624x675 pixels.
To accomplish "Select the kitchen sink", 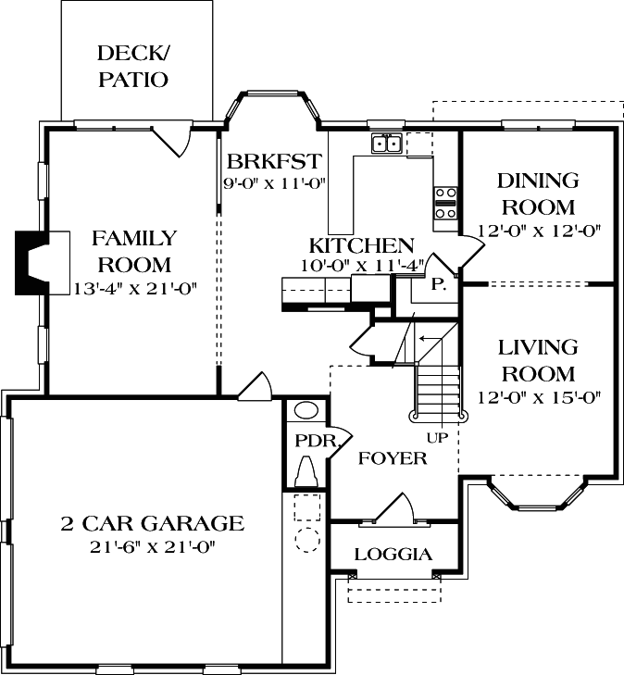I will coord(386,144).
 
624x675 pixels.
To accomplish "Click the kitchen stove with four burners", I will coord(446,203).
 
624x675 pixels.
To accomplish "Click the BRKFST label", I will coord(274,160).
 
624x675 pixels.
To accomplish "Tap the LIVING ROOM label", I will coord(537,361).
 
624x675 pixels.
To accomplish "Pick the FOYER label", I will coord(393,458).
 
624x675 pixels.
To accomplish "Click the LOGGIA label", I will coord(393,555).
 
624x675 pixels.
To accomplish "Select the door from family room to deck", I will coord(172,141).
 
